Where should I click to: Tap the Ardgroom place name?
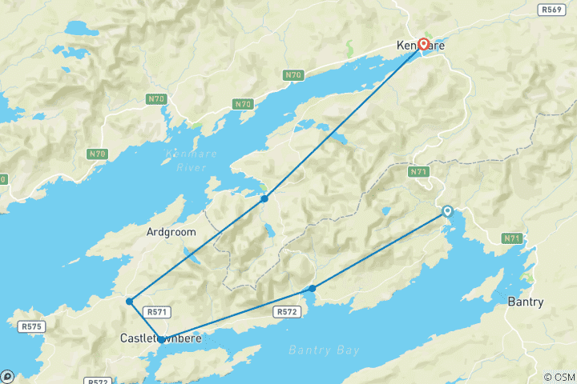(x=171, y=232)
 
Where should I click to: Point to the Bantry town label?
(x=526, y=302)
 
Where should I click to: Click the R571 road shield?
(x=155, y=311)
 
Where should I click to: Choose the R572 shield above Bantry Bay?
(x=288, y=311)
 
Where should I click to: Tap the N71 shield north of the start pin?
(x=418, y=171)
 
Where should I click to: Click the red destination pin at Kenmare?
(x=423, y=46)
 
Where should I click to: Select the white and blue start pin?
(x=448, y=212)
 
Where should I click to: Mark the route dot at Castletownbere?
(x=162, y=340)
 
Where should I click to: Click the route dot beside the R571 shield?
(x=129, y=302)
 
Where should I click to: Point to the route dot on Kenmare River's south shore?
(x=264, y=198)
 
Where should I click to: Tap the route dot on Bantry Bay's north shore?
(x=313, y=288)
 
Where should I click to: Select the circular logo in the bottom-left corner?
(x=6, y=376)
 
